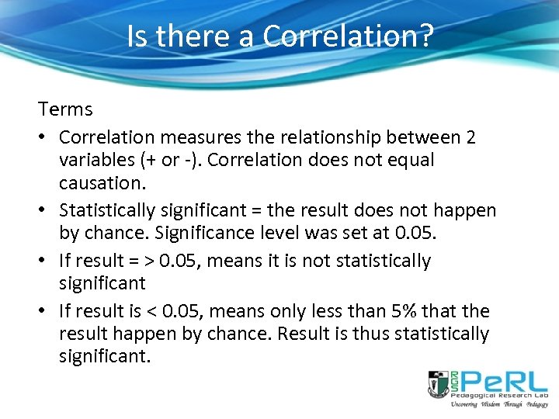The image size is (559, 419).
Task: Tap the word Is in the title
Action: coord(137,36)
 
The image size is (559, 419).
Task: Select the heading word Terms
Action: coord(65,109)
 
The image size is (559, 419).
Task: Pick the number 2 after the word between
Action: coord(471,137)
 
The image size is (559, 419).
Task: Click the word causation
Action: coord(98,182)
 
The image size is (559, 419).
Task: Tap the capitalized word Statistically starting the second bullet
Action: coord(112,210)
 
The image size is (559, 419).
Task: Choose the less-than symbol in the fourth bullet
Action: coord(151,311)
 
